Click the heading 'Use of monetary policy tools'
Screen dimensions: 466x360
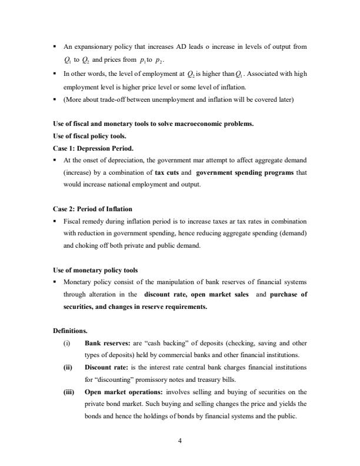tap(95, 270)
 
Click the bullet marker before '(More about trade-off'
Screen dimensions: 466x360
tap(55, 100)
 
